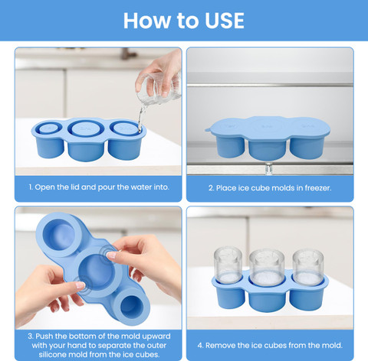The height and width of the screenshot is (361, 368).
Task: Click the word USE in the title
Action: (x=225, y=21)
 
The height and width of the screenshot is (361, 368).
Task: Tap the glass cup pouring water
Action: (x=159, y=89)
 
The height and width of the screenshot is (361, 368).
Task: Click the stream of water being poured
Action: (x=141, y=117)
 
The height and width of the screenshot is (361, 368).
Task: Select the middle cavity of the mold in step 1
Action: (x=86, y=128)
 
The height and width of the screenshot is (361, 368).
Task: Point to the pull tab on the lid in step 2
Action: (x=208, y=130)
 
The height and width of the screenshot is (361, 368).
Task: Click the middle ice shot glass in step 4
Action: (x=267, y=268)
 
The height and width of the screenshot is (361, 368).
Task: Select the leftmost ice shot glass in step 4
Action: (x=228, y=265)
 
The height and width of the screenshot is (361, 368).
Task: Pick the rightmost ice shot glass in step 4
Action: (x=308, y=268)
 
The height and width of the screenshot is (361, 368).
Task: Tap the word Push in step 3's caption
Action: (x=44, y=337)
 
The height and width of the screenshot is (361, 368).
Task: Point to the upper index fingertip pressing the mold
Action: (x=111, y=255)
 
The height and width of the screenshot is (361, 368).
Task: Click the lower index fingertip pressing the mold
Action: (x=80, y=285)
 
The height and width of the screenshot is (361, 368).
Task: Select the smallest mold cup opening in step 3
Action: (x=130, y=307)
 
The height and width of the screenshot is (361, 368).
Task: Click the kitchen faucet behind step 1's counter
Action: (x=128, y=53)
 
